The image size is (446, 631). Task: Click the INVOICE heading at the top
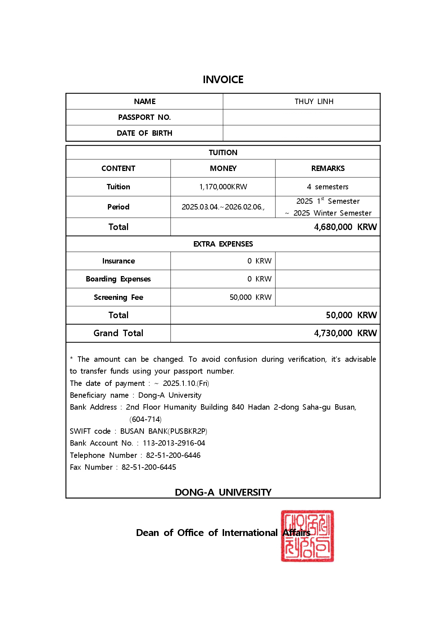223,80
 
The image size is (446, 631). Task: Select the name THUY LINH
314,102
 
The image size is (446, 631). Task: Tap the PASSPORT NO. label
144,117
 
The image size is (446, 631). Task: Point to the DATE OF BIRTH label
144,133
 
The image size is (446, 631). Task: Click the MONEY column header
223,168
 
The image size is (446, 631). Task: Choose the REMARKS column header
328,168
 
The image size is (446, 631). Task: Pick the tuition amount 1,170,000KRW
223,187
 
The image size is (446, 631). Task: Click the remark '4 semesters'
328,187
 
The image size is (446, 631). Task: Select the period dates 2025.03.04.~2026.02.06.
223,207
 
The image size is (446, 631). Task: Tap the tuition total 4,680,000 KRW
345,227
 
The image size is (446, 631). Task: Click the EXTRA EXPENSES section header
223,244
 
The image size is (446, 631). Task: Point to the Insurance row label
118,261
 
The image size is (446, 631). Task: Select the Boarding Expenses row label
118,279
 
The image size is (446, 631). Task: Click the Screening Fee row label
118,297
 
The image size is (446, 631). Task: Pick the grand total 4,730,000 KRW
345,333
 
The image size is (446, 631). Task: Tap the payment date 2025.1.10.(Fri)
186,383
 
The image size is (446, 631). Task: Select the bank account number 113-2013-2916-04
174,443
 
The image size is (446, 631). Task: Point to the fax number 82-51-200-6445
149,467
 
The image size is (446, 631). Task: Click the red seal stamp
308,536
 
